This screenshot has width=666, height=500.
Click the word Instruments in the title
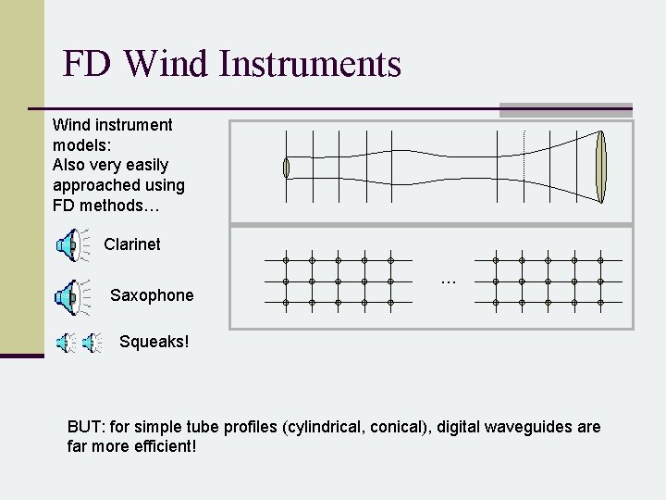point(310,64)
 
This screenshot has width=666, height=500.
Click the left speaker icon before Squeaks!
point(66,344)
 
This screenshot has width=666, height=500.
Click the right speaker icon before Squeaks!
point(91,344)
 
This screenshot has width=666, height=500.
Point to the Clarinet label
point(132,244)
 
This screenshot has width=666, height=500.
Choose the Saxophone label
point(152,295)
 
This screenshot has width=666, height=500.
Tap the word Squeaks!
point(154,342)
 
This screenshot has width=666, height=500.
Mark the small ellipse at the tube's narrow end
point(287,168)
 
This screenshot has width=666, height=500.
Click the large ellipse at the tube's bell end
point(602,168)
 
